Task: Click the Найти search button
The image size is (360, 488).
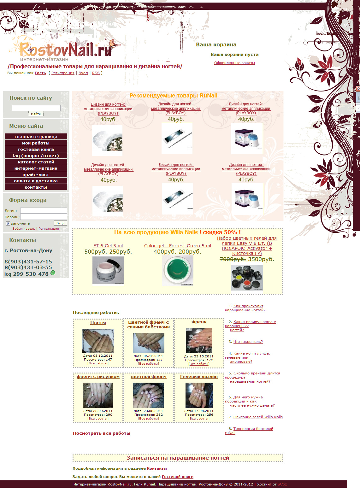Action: pos(36,114)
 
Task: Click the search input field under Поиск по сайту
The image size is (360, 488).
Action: pos(36,108)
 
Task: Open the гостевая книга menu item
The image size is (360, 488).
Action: pos(36,150)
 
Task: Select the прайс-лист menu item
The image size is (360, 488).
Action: pos(36,175)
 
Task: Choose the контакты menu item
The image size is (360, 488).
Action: pos(36,187)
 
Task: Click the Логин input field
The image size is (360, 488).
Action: pos(44,210)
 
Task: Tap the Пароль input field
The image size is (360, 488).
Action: pos(44,217)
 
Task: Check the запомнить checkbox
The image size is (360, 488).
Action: pos(8,223)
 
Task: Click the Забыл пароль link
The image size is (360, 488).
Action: pos(24,228)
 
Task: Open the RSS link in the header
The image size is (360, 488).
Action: pos(96,73)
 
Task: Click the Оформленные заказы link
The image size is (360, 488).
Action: pos(234,63)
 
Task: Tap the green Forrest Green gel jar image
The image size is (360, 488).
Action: pos(178,270)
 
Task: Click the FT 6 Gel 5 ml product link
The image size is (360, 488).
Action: pos(108,246)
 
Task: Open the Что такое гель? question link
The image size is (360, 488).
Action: pos(248,342)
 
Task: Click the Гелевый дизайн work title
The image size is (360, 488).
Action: pos(199,376)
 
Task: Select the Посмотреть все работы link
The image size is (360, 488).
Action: pos(102,433)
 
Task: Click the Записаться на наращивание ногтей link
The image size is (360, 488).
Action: pos(178,458)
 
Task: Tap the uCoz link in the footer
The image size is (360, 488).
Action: pos(282,484)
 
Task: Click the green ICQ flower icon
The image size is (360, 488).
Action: pos(53,273)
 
